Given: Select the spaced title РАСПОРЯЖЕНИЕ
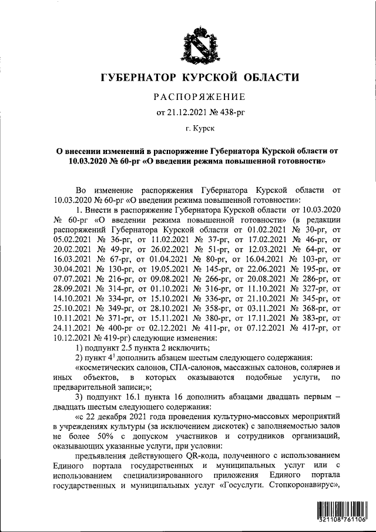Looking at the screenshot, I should coord(200,96).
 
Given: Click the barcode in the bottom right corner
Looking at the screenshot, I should coord(341,509).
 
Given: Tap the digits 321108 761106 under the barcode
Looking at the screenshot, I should coord(341,520).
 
